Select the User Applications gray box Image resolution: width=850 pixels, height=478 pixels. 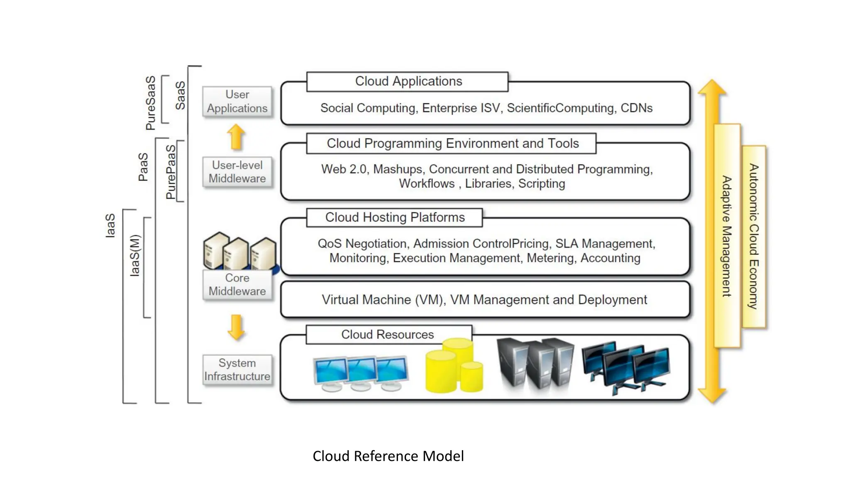pyautogui.click(x=237, y=101)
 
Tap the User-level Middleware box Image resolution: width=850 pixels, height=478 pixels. pyautogui.click(x=237, y=172)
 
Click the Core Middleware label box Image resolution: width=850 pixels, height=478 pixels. pyautogui.click(x=237, y=285)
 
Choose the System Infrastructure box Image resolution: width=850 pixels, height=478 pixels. pyautogui.click(x=237, y=370)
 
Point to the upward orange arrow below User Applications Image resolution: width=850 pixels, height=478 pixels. pyautogui.click(x=236, y=137)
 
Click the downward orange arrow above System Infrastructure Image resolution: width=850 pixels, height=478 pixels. pyautogui.click(x=236, y=327)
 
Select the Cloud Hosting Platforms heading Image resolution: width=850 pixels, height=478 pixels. pyautogui.click(x=394, y=217)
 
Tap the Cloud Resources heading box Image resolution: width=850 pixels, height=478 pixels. pyautogui.click(x=388, y=334)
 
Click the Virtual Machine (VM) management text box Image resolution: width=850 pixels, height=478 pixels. pyautogui.click(x=484, y=300)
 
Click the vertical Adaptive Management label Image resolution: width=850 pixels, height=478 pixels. pyautogui.click(x=727, y=236)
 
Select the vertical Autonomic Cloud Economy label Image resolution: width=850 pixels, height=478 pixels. pyautogui.click(x=754, y=236)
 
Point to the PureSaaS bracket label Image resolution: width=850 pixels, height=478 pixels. pyautogui.click(x=151, y=103)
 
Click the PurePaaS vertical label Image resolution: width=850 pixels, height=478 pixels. pyautogui.click(x=171, y=172)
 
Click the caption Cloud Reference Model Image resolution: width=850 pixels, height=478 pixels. pyautogui.click(x=388, y=456)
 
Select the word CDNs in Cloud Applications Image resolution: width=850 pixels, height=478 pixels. pyautogui.click(x=636, y=108)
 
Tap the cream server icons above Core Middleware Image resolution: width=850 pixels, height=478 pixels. pyautogui.click(x=239, y=251)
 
